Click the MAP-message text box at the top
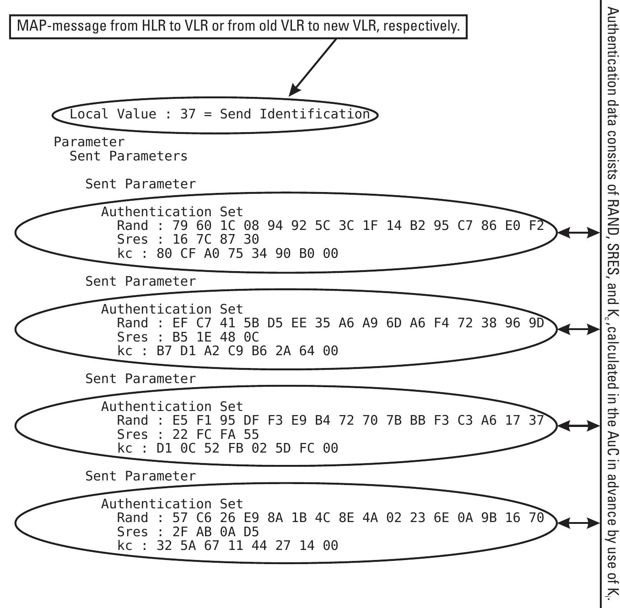pos(238,26)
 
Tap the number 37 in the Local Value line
pos(188,114)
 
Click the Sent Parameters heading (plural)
pos(129,156)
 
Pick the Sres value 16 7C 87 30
pos(216,239)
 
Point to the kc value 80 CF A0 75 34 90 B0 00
pos(247,253)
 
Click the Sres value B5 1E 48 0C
pos(216,337)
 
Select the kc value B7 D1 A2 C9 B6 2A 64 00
pos(247,351)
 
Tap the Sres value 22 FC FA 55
pos(216,434)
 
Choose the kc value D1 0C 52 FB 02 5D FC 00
pos(247,448)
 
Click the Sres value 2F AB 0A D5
pos(216,532)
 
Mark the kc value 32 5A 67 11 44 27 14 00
pos(247,545)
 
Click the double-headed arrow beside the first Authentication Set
pos(578,233)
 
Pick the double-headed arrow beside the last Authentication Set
pos(578,523)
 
